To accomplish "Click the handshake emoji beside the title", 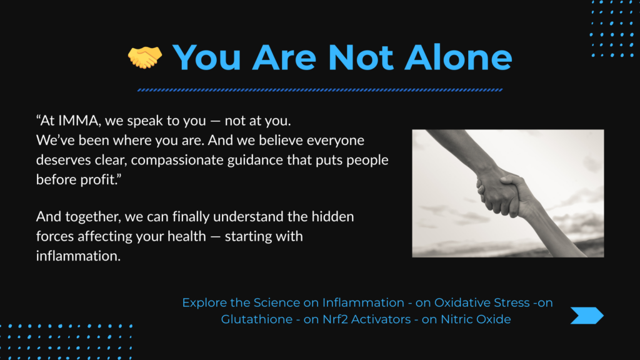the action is (145, 57).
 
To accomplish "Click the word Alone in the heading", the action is (458, 57).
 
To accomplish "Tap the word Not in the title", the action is (361, 57).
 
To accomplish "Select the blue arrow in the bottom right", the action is (587, 316).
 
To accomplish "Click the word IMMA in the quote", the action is (78, 121).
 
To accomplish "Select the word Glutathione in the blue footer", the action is (257, 319).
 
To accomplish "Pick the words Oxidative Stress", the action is (482, 302).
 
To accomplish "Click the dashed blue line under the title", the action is (320, 90).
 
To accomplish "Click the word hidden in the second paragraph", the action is (332, 216).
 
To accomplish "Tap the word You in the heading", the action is (207, 57).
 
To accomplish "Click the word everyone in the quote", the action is (336, 141).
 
